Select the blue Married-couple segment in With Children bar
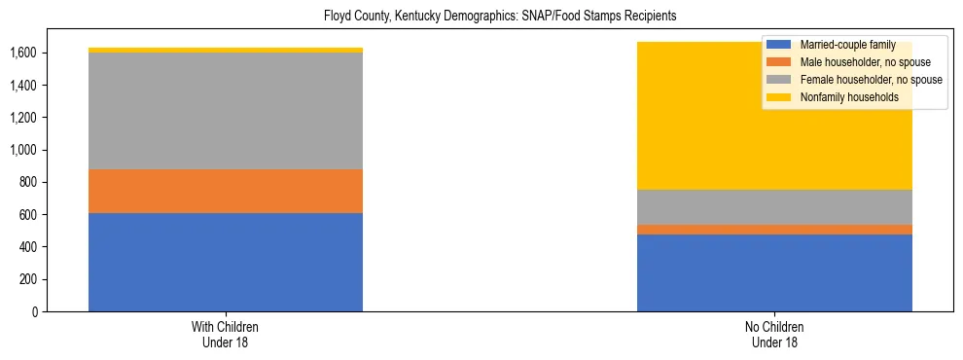[226, 262]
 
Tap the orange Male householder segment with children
[226, 191]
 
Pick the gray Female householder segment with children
[226, 111]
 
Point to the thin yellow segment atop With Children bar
[226, 50]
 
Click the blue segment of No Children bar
[774, 272]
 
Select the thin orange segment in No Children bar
[774, 230]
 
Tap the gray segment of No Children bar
[774, 207]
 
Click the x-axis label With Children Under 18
[226, 334]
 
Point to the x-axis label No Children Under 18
[774, 334]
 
